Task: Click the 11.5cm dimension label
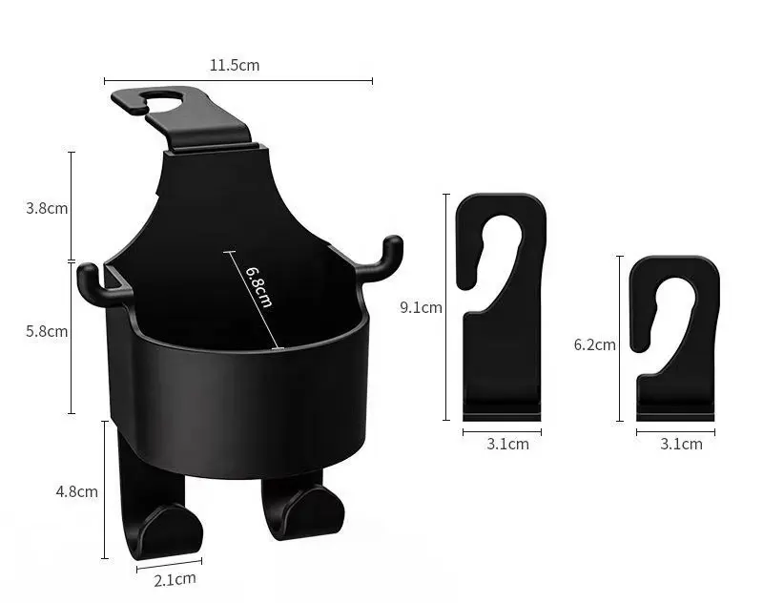(x=235, y=65)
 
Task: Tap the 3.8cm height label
(x=47, y=208)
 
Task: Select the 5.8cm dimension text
(x=47, y=331)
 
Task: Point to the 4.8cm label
(x=77, y=491)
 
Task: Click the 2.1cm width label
(x=175, y=579)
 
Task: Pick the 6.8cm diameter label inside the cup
(x=258, y=286)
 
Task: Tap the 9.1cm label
(x=421, y=307)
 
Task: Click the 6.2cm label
(x=594, y=344)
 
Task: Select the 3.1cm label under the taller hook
(x=507, y=444)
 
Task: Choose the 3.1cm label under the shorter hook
(x=681, y=444)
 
